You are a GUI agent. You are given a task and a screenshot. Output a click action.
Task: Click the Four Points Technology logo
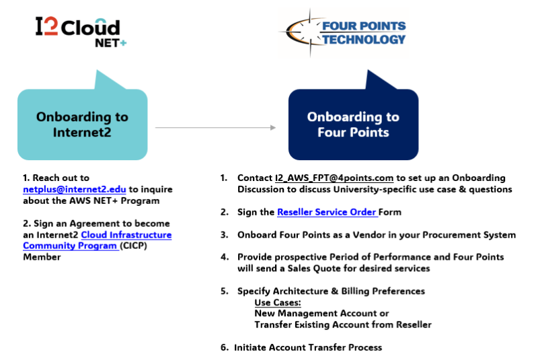(x=343, y=32)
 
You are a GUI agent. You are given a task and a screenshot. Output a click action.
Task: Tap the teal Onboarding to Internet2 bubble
(x=82, y=124)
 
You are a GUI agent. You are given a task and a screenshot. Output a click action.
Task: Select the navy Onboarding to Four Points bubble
(x=353, y=124)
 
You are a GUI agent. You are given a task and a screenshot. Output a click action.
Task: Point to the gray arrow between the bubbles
(x=215, y=127)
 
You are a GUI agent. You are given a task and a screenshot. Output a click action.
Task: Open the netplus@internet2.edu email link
(x=75, y=189)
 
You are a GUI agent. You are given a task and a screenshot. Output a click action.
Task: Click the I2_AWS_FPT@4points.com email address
(x=334, y=178)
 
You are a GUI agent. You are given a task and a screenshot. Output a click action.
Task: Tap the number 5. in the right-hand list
(x=224, y=291)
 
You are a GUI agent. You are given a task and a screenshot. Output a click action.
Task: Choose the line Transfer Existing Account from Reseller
(x=343, y=325)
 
